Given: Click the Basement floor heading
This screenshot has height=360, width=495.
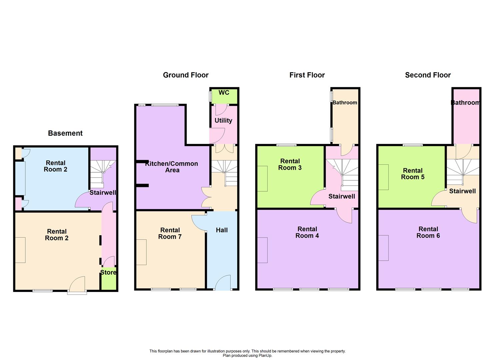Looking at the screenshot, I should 65,133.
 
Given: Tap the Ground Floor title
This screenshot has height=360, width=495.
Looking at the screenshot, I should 186,75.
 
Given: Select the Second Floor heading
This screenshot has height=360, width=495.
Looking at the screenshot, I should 428,75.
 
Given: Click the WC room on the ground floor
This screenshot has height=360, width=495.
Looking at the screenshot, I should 224,95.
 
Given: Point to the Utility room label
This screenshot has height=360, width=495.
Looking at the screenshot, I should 223,121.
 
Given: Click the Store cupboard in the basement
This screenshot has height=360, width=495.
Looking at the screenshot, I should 108,277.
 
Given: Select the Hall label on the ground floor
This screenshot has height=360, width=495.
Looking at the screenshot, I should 222,230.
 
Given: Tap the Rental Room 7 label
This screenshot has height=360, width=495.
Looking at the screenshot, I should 170,233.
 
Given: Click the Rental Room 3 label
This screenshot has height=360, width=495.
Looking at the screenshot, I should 290,164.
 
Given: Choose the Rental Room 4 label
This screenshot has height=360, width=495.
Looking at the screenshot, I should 307,232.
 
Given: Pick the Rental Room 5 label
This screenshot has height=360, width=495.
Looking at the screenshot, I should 413,174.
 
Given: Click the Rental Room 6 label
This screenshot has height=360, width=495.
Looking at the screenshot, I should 428,232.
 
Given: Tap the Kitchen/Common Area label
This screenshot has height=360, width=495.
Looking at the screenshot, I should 172,167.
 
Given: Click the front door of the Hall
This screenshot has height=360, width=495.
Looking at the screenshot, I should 223,283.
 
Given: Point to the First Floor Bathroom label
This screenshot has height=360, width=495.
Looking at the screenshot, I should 345,103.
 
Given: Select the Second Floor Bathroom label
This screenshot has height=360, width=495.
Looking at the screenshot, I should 465,103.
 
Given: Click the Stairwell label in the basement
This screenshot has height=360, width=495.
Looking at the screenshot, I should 103,193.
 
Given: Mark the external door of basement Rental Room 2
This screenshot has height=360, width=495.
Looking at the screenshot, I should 77,285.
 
